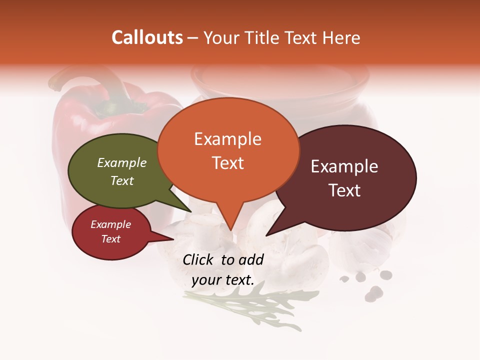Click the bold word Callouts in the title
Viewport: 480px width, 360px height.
147,37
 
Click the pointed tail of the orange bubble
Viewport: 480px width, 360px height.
230,220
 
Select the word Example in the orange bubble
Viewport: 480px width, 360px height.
227,139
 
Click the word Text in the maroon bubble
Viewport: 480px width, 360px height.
345,190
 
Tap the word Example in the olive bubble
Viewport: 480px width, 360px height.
121,163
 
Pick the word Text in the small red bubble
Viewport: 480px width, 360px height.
110,239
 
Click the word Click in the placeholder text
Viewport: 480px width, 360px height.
199,259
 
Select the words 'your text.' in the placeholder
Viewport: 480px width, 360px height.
223,280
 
